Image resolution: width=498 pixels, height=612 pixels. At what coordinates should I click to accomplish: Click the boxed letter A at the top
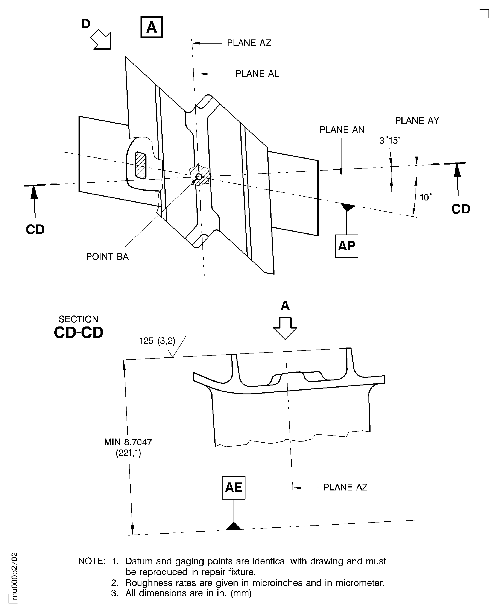[151, 27]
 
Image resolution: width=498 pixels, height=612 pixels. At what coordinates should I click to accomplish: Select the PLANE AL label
[257, 74]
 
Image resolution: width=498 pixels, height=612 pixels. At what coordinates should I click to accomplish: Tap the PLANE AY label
[417, 120]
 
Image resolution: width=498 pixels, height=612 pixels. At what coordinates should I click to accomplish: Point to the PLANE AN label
[342, 130]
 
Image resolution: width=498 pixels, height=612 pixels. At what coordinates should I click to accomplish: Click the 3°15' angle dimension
[390, 141]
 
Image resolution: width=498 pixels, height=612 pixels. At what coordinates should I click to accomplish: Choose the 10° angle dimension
[426, 197]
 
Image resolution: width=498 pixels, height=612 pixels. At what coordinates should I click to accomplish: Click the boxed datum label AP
[347, 246]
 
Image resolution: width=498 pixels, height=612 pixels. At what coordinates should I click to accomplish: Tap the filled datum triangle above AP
[347, 207]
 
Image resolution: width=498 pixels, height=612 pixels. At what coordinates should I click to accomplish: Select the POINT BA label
[107, 256]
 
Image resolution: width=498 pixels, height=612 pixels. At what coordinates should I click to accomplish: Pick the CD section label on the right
[460, 209]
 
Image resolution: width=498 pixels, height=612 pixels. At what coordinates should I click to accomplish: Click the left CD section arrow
[34, 201]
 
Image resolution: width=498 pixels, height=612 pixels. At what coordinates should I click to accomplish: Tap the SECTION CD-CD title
[78, 328]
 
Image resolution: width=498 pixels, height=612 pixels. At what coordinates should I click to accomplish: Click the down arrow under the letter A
[285, 328]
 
